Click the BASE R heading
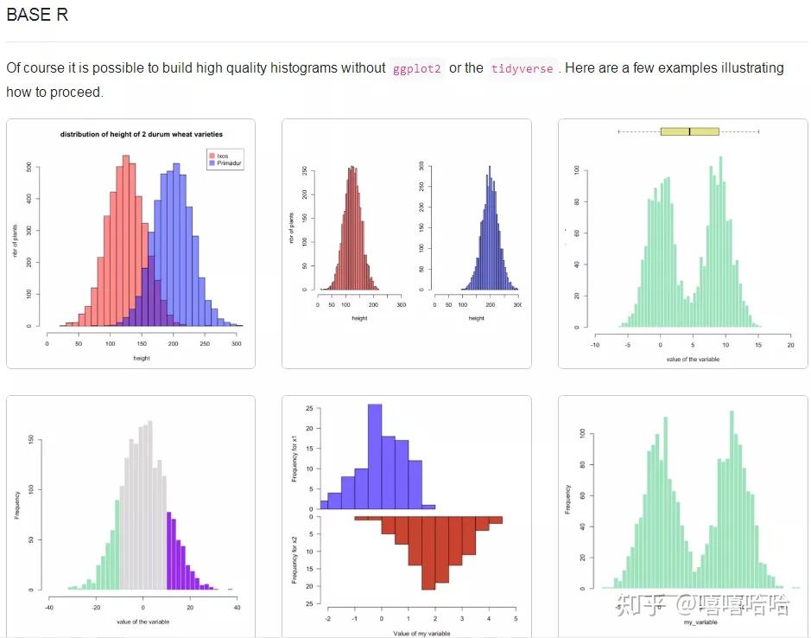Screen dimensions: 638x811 tap(37, 15)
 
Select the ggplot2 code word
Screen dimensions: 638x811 tap(417, 68)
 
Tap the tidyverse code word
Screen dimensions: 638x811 tap(522, 68)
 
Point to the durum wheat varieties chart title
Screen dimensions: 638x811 tap(141, 134)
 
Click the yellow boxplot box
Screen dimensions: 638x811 tap(689, 131)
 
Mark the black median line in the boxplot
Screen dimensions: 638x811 tap(689, 131)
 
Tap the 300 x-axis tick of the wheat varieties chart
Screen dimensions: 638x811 tap(237, 343)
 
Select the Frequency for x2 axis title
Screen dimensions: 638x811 tap(294, 558)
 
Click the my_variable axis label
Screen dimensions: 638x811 tap(700, 622)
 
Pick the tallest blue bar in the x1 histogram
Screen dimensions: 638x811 tap(374, 456)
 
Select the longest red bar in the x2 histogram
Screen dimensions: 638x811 tap(428, 553)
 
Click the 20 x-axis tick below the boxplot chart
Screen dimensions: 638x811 tap(790, 344)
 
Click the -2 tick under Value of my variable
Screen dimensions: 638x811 tap(327, 620)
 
